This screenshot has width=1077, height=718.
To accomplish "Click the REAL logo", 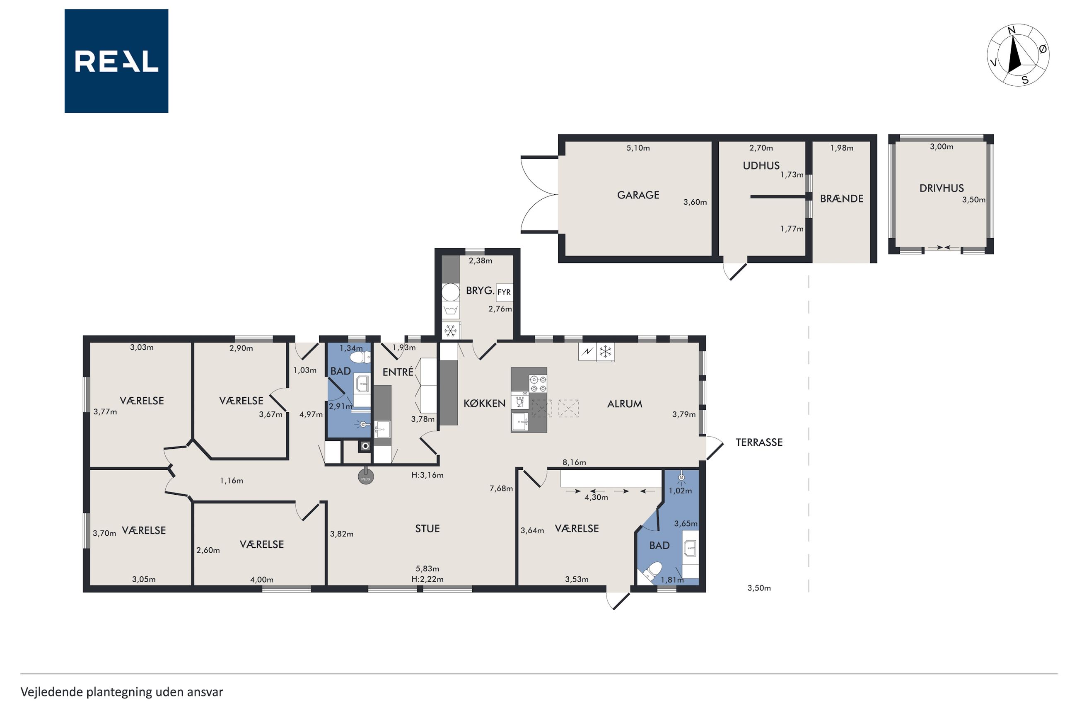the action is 116,61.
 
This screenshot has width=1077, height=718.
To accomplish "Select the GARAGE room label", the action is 638,195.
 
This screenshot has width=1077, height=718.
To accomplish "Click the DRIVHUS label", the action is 941,188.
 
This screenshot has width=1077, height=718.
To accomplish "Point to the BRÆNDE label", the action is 841,199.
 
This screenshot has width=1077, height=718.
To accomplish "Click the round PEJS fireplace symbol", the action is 365,476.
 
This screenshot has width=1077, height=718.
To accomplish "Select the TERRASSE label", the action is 759,442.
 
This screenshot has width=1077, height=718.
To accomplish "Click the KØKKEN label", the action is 484,404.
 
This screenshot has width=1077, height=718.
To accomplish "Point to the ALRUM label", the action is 624,404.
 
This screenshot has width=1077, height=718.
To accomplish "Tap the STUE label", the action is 427,528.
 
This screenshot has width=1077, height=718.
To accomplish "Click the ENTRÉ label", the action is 398,372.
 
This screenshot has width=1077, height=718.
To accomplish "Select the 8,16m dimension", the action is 574,462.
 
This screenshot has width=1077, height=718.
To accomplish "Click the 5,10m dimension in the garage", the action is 638,148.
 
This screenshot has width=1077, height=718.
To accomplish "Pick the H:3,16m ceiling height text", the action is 427,475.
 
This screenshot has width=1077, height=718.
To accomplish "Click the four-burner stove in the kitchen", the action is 538,384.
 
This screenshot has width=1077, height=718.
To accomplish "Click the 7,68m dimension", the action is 501,488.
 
